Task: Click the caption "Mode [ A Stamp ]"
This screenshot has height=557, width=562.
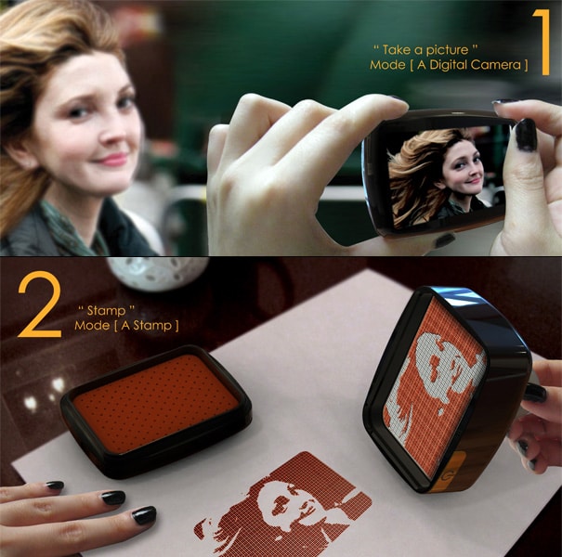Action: pyautogui.click(x=126, y=326)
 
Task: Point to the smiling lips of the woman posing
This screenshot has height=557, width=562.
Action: pyautogui.click(x=113, y=159)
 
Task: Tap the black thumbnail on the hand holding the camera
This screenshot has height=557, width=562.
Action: pyautogui.click(x=526, y=134)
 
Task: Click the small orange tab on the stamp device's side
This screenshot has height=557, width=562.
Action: pyautogui.click(x=461, y=465)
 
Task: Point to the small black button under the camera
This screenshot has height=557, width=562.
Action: pyautogui.click(x=444, y=240)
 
